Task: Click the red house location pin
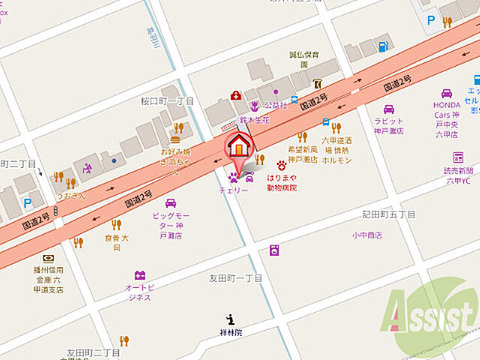(x=239, y=145)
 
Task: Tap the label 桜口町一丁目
(x=167, y=100)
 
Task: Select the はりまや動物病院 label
(x=282, y=183)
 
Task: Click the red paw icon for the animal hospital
(x=282, y=163)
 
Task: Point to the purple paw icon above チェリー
(x=232, y=178)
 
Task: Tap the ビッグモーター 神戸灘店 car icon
(x=170, y=203)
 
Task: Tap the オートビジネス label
(x=139, y=292)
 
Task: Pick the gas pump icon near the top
(x=382, y=46)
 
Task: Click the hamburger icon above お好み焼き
(x=175, y=139)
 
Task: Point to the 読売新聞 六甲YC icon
(x=457, y=157)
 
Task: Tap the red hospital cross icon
(x=235, y=96)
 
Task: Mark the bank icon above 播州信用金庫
(x=48, y=257)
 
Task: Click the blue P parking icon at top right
(x=430, y=21)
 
